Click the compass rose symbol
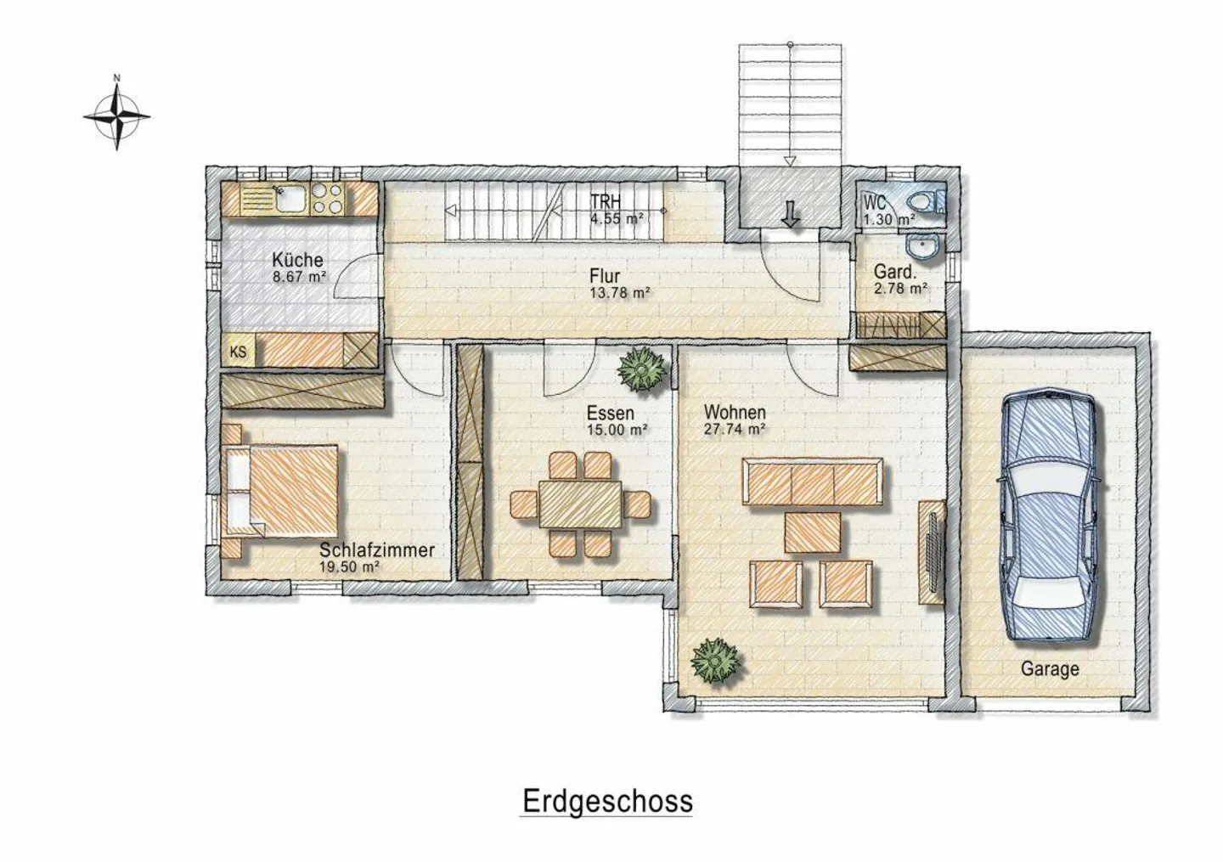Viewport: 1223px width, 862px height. point(117,115)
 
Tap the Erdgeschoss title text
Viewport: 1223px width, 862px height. point(608,802)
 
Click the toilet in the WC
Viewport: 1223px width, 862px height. point(927,201)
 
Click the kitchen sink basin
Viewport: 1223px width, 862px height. point(291,199)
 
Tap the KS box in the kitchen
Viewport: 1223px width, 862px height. point(238,352)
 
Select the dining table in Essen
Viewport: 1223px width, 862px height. point(580,504)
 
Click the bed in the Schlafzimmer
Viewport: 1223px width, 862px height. point(280,490)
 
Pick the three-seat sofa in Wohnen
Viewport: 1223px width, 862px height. point(813,482)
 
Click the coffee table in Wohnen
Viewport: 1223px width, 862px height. point(813,532)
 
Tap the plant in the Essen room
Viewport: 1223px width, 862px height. point(642,369)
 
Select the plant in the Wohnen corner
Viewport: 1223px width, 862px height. point(716,661)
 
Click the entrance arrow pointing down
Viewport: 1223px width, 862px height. point(790,213)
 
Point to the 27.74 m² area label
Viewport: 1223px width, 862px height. point(734,430)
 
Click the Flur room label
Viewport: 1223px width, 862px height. point(605,276)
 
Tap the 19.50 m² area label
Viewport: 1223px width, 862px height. point(349,567)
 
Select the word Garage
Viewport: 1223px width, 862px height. point(1050,669)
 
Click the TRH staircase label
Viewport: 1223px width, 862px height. point(606,201)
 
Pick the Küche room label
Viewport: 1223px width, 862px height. point(297,259)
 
